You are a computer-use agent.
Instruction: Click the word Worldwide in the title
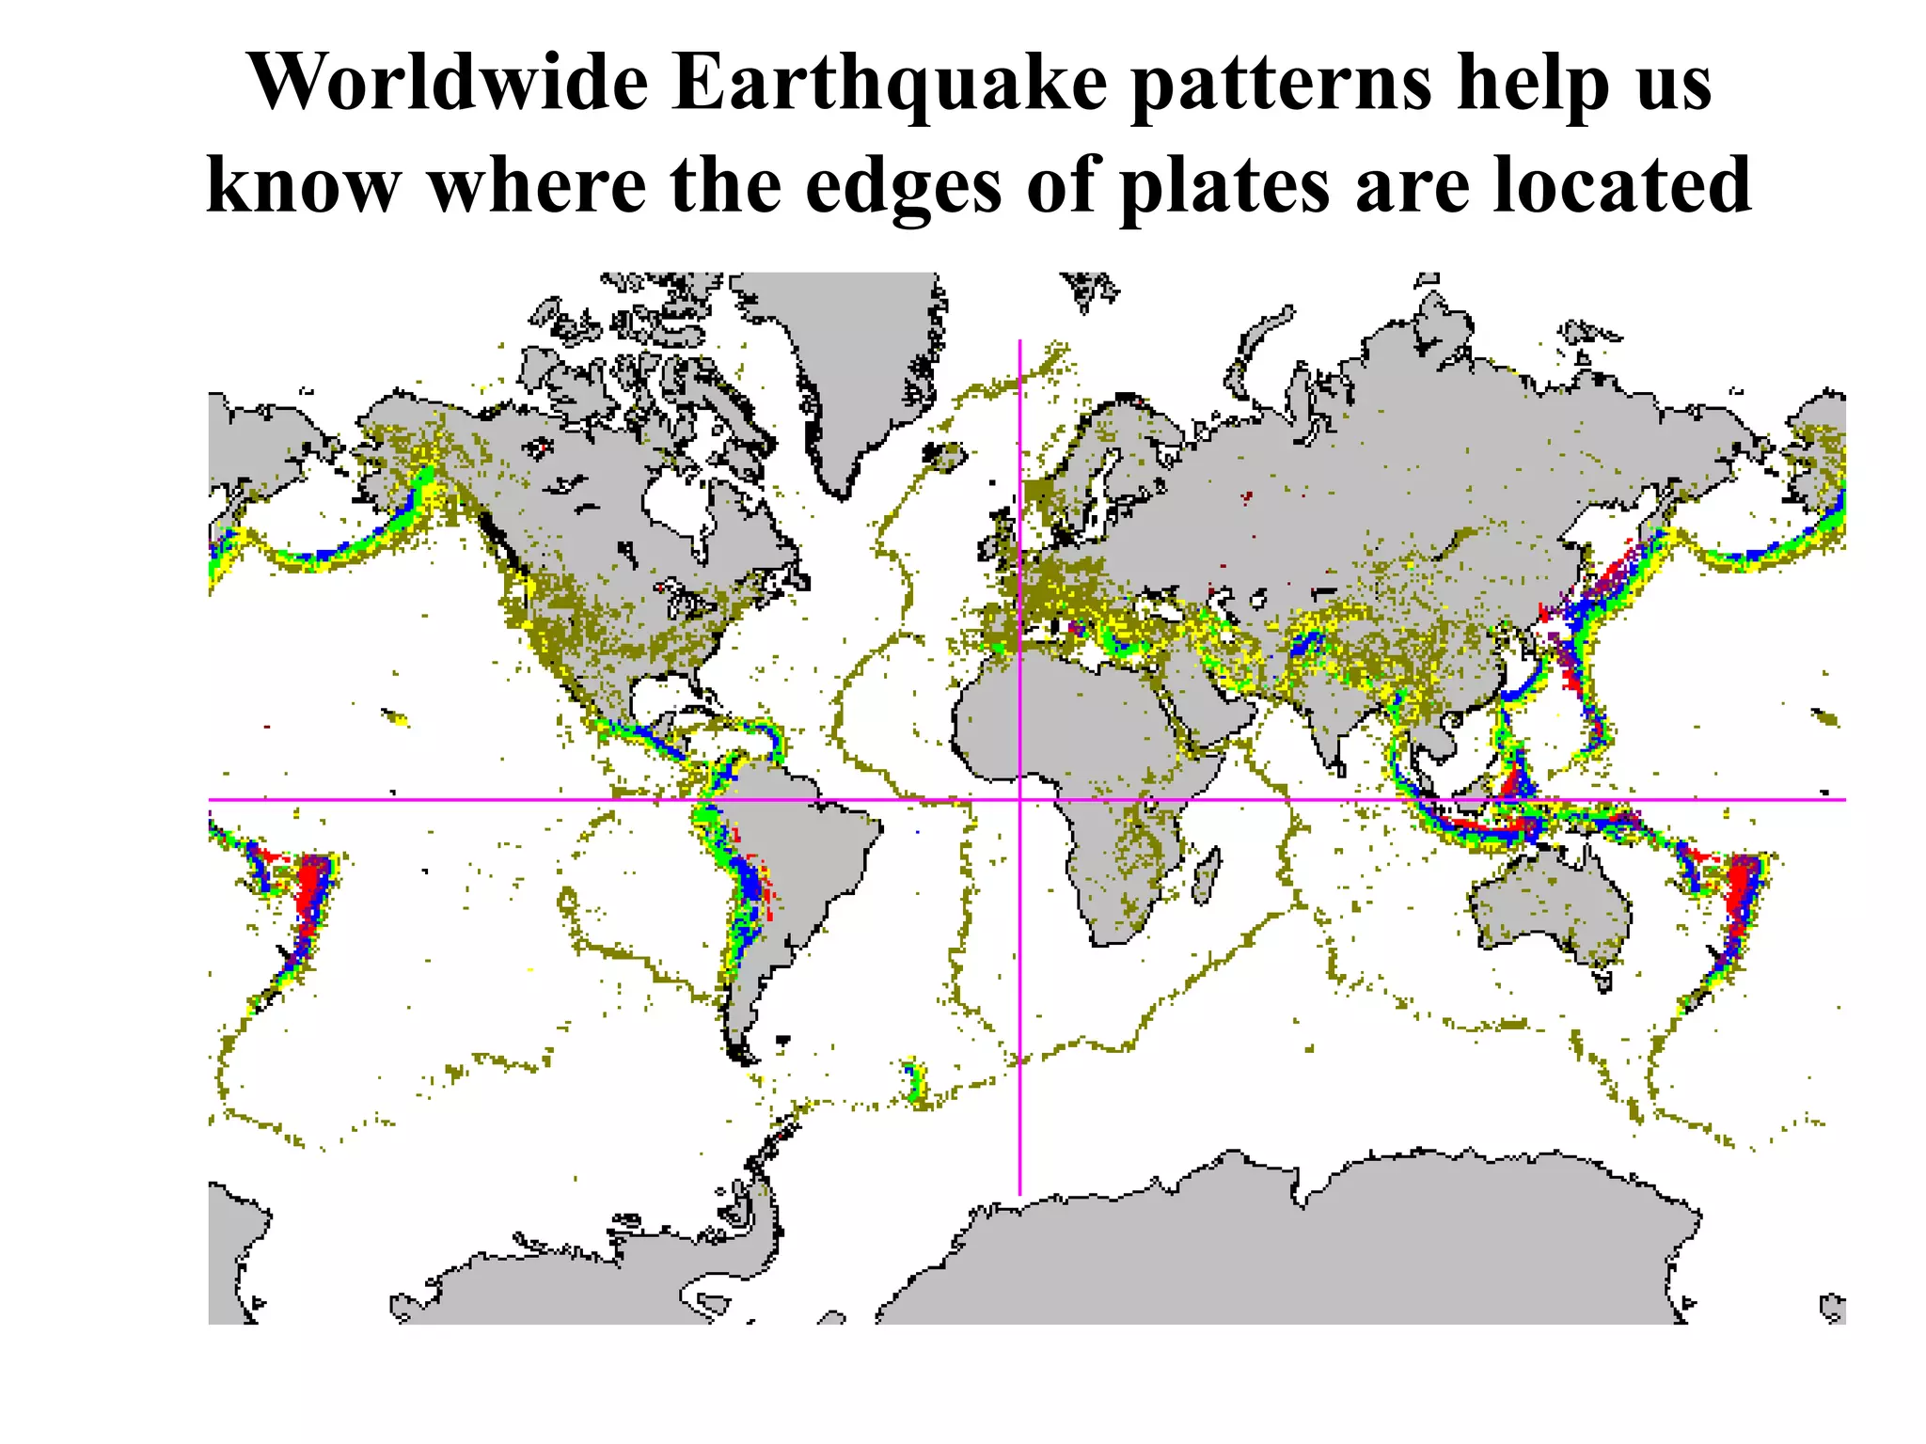[x=448, y=83]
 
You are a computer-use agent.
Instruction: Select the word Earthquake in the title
[x=890, y=83]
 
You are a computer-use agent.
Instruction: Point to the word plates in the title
[x=1225, y=185]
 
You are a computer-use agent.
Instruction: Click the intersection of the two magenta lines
[x=1019, y=800]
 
